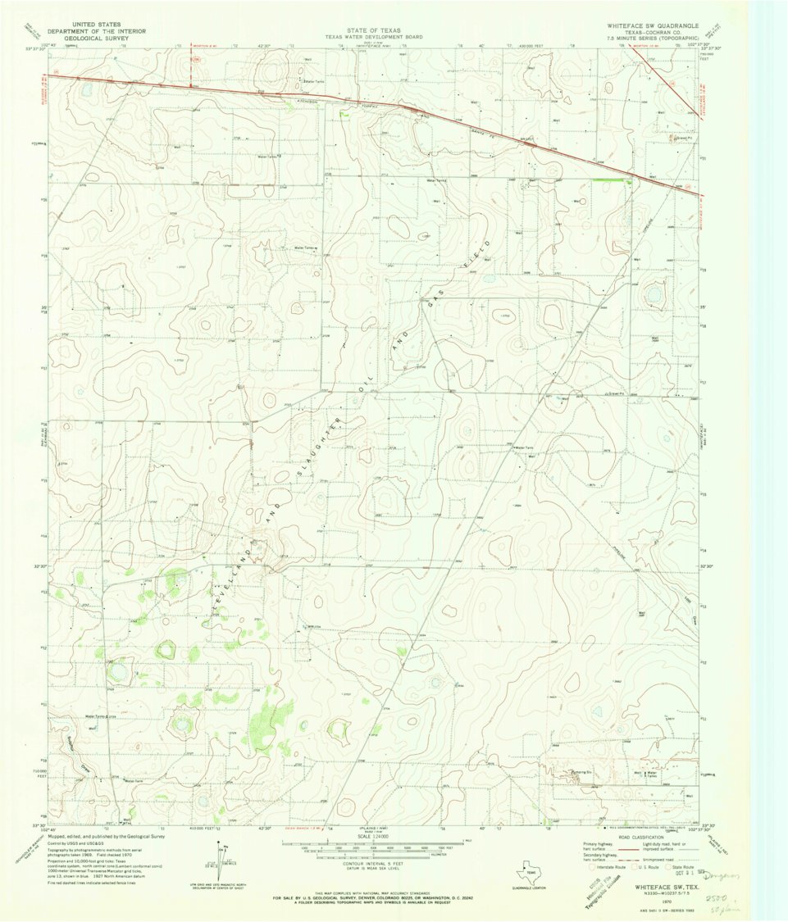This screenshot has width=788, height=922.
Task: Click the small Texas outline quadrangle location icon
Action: point(535,870)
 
